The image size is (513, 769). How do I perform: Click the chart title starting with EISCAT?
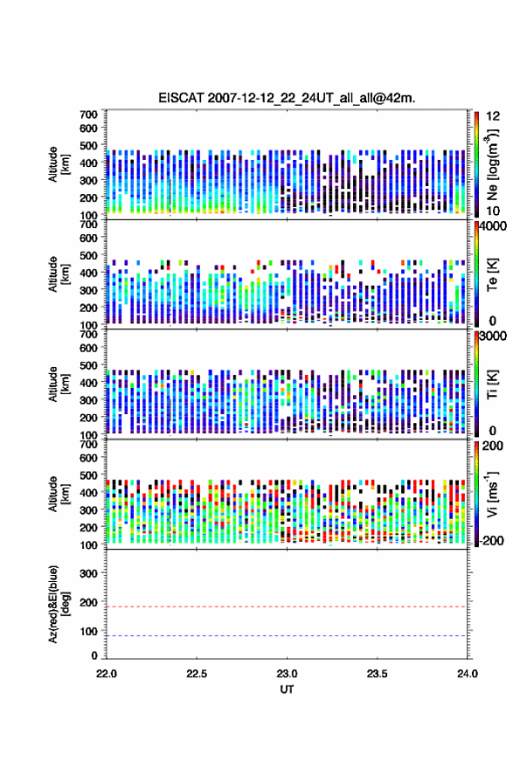(287, 98)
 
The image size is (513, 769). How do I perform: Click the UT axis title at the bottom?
(287, 689)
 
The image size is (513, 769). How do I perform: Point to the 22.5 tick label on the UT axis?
(197, 674)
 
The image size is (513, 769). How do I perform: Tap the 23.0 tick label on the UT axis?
(287, 674)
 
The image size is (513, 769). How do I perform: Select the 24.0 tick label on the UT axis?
(467, 674)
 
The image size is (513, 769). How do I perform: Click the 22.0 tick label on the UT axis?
(107, 674)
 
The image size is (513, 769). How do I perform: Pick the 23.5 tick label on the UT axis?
(378, 674)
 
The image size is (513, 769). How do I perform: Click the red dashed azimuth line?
(287, 606)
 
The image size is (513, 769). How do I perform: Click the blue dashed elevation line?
(287, 635)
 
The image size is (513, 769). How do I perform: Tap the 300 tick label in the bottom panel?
(88, 573)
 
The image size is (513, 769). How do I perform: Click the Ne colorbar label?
(493, 164)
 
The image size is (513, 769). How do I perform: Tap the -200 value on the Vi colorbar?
(492, 540)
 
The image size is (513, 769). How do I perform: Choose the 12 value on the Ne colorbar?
(493, 116)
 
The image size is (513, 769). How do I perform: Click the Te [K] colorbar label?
(492, 274)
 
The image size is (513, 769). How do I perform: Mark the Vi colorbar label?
(492, 494)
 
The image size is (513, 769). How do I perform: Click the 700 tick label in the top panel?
(88, 114)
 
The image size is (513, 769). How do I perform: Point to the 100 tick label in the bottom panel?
(88, 631)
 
